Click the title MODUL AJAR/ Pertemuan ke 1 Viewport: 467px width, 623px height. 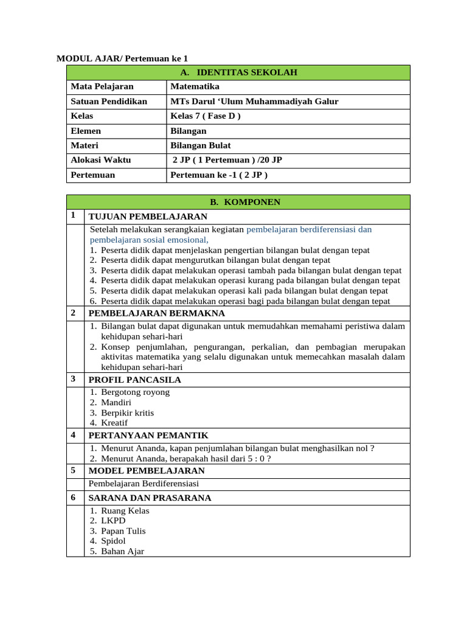(x=122, y=58)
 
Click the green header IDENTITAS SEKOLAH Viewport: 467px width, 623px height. (x=238, y=72)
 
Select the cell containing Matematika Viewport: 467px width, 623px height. (x=195, y=87)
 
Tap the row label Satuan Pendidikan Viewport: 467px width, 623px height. (x=109, y=102)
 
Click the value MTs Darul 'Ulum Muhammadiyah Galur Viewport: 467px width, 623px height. (x=254, y=102)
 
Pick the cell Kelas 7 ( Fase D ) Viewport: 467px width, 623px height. (x=206, y=116)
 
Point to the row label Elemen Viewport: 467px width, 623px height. (x=86, y=131)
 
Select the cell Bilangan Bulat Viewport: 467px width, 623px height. (x=201, y=145)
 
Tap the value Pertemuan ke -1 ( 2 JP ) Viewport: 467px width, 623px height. (x=219, y=175)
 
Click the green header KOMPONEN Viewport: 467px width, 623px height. (x=238, y=202)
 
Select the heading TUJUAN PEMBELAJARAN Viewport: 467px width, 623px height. (x=148, y=217)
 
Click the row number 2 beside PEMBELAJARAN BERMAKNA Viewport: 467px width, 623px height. (x=73, y=313)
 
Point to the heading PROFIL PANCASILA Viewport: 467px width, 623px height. (x=134, y=380)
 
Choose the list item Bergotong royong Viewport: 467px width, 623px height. (x=135, y=392)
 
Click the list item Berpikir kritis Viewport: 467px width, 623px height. (x=127, y=413)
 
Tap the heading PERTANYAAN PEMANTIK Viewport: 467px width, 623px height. (x=148, y=435)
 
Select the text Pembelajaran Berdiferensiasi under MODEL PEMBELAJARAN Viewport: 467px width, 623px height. (x=143, y=484)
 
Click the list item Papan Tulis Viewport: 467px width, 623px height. (x=123, y=531)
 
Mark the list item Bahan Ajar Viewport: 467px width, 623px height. (x=122, y=552)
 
